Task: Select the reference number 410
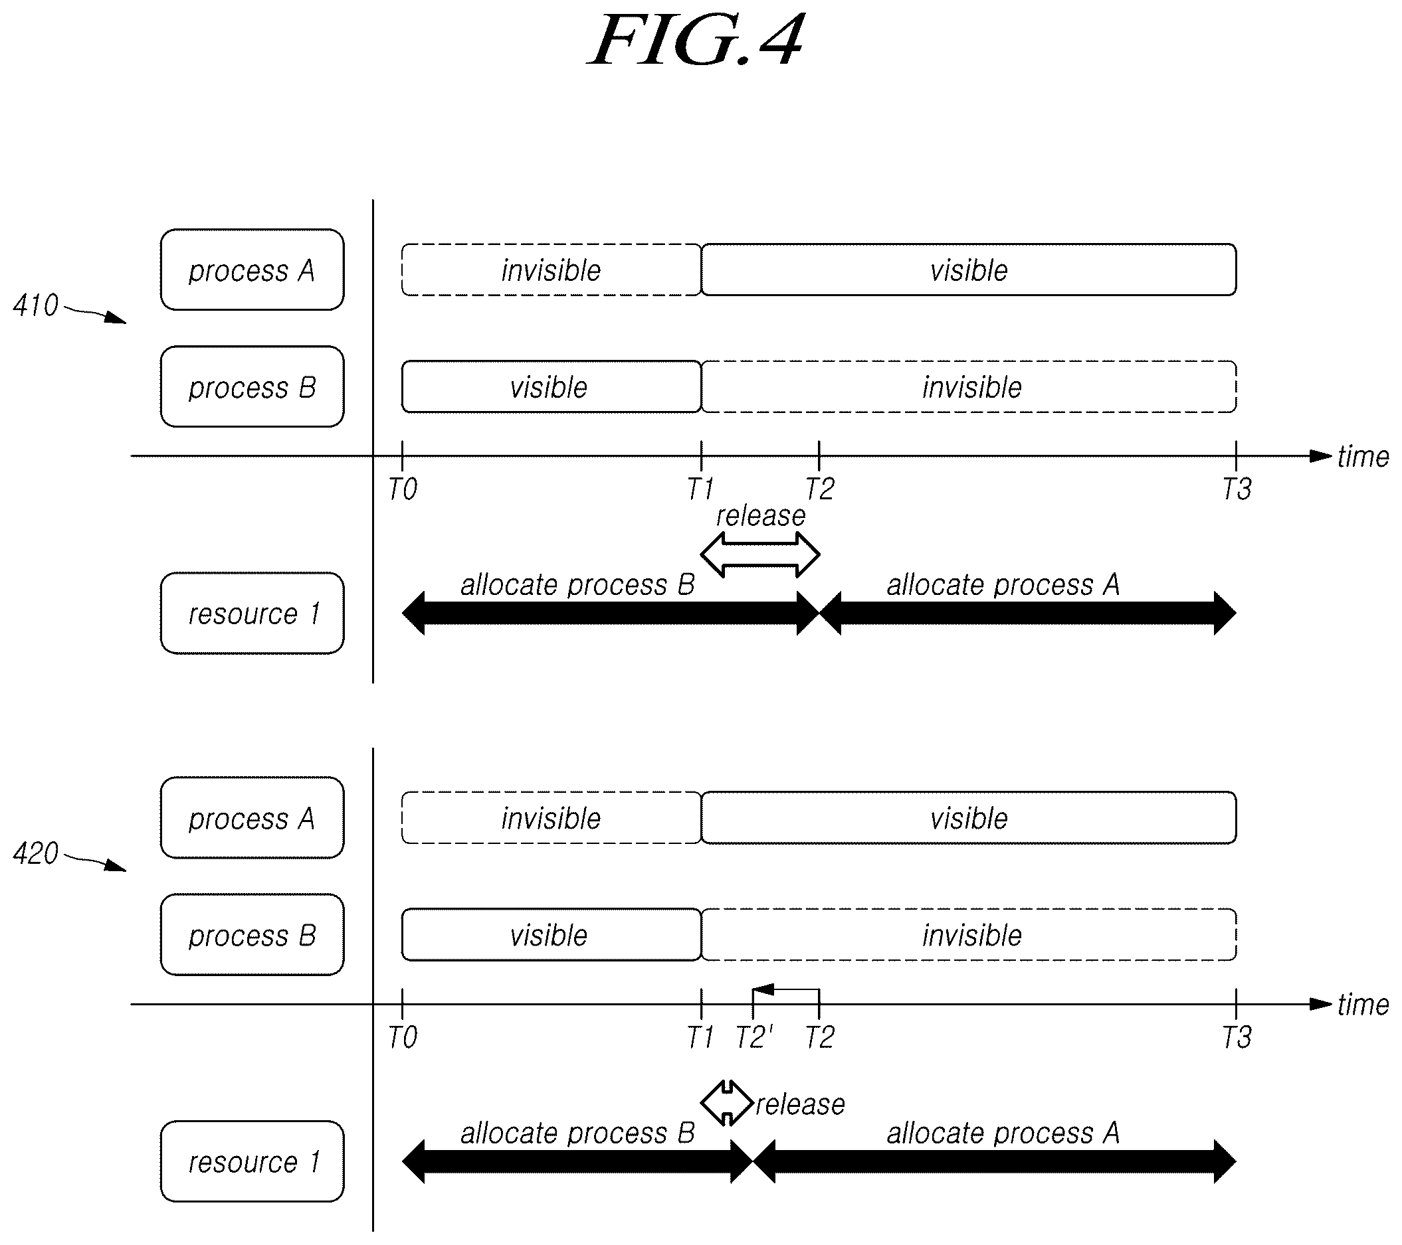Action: click(36, 305)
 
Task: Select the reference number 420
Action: click(36, 853)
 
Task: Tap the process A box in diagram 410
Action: click(252, 270)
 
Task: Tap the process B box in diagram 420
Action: click(252, 934)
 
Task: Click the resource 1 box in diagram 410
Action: click(252, 613)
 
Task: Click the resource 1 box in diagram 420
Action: click(252, 1161)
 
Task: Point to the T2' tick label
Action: click(753, 1037)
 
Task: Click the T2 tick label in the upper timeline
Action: click(820, 489)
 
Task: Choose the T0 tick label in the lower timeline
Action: click(403, 1037)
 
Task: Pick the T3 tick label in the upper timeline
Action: click(1237, 489)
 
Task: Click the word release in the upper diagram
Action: click(761, 516)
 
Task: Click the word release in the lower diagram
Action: click(801, 1104)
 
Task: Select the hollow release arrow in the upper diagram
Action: click(760, 554)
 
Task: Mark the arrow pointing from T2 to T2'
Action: click(786, 990)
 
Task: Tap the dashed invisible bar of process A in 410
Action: click(551, 270)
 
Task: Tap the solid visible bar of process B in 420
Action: click(551, 934)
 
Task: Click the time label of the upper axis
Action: click(1363, 457)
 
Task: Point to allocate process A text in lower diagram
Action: click(1003, 1133)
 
